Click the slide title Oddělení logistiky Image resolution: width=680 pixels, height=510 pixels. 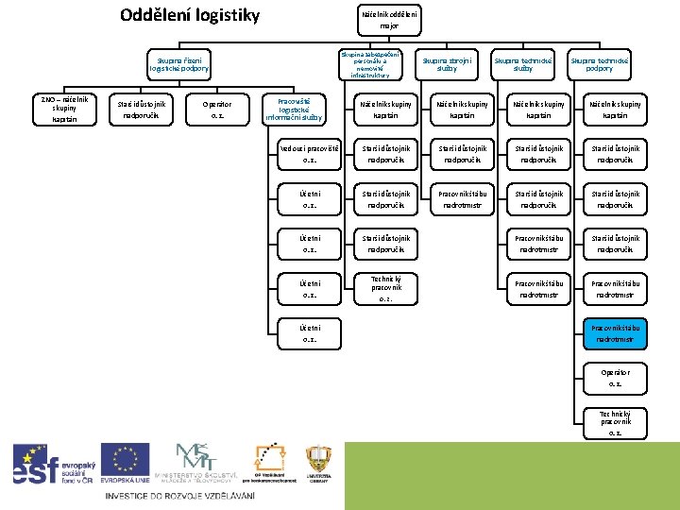(x=190, y=15)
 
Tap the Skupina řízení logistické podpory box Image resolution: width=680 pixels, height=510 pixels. (x=178, y=64)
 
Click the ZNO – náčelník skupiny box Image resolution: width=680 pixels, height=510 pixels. (x=62, y=110)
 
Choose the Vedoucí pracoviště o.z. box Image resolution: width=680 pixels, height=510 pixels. (x=309, y=154)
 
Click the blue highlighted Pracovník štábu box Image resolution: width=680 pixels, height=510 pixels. (x=616, y=333)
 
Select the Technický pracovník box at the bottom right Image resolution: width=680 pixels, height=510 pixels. (x=616, y=422)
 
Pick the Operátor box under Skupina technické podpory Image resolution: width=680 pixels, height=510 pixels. (x=616, y=378)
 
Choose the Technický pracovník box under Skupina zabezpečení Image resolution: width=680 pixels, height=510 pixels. (x=384, y=288)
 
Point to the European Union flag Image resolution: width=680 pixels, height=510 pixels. (x=125, y=463)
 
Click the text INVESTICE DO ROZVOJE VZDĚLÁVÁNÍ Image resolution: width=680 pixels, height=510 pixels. (x=179, y=496)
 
